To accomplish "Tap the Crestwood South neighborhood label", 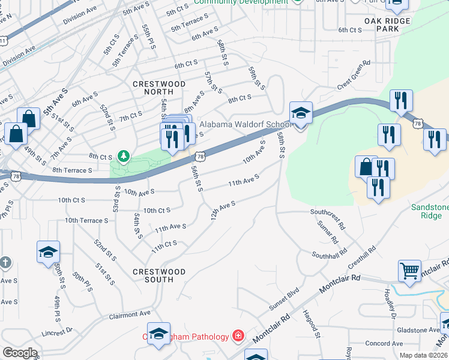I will coord(159,275).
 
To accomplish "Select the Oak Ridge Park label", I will coord(387,25).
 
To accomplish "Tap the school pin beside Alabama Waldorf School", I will coord(301,113).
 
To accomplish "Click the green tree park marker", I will coord(124,157).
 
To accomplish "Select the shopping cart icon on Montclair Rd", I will coord(409,271).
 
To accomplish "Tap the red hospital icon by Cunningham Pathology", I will coord(238,335).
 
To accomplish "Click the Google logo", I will coord(20,353).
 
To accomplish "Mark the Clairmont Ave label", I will coord(129,314).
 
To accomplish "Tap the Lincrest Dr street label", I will coord(57,331).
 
